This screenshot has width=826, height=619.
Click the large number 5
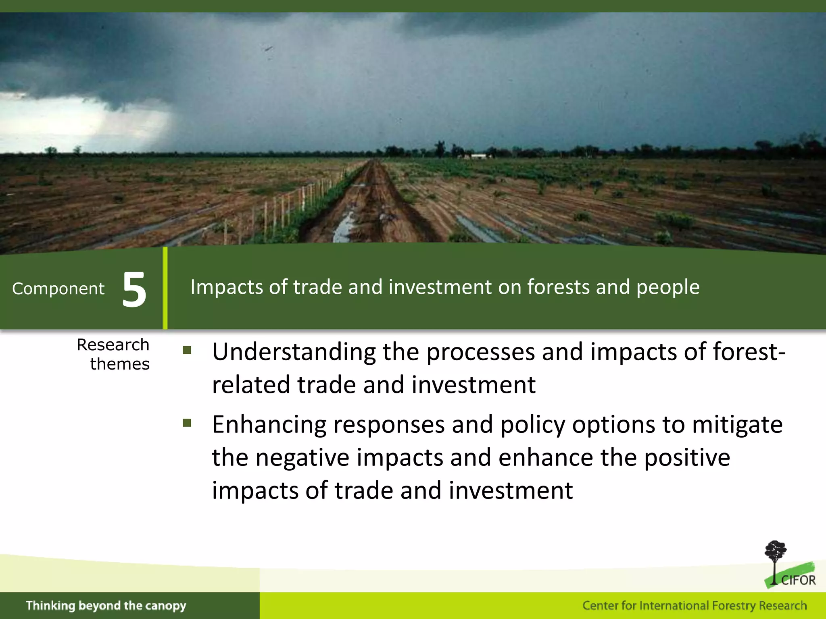134,289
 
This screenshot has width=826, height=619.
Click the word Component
58,289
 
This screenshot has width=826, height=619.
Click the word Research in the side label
113,345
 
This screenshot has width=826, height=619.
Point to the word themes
120,364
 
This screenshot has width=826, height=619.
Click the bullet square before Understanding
187,350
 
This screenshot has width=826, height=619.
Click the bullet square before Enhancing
187,423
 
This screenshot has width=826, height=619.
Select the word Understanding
294,352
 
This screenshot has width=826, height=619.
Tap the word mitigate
737,425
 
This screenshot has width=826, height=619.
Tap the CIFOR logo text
798,580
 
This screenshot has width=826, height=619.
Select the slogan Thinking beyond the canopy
106,605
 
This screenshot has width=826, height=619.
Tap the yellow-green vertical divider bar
165,289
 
